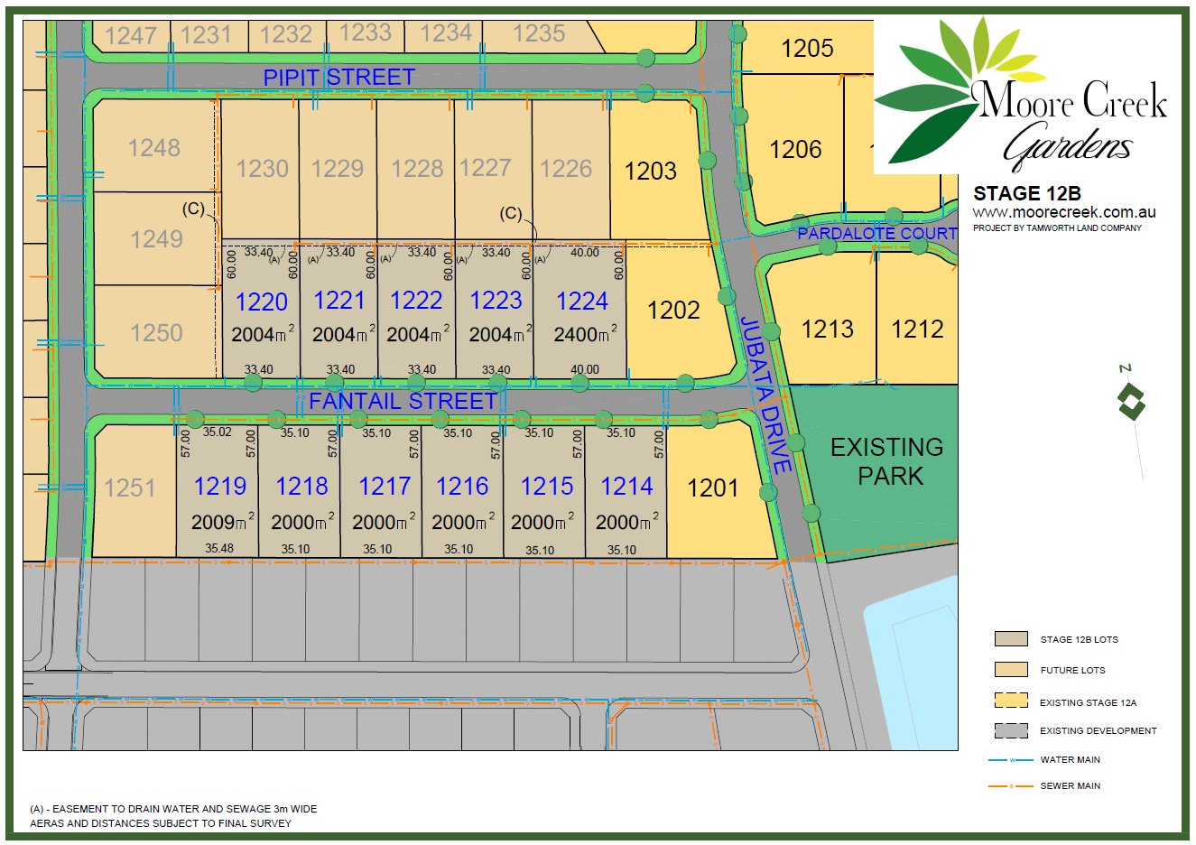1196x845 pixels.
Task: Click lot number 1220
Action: coord(261,302)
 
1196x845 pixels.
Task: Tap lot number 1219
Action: coord(219,487)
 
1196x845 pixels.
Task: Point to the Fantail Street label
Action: coord(403,401)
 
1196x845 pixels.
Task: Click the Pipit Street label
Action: coord(338,78)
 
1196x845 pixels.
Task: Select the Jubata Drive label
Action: coord(765,395)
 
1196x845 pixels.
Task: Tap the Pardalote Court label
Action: coord(876,234)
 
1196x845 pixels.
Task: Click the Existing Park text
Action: coord(887,461)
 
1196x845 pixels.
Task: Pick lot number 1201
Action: coord(712,488)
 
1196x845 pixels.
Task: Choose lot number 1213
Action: coord(827,329)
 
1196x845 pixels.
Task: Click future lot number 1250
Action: coord(156,333)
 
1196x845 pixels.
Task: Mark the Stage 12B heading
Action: coord(1026,193)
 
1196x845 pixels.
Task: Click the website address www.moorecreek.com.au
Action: coord(1063,212)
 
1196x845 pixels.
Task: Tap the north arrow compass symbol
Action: coord(1131,401)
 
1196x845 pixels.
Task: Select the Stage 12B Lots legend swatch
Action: coord(1011,639)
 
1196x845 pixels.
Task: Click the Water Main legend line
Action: coord(1011,760)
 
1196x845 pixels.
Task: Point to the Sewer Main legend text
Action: coord(1070,786)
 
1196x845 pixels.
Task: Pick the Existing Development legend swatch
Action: coord(1011,730)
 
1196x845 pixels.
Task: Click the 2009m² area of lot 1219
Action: coord(222,523)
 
